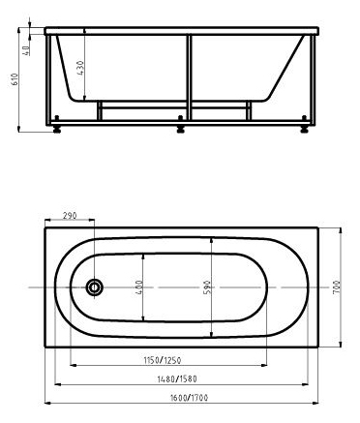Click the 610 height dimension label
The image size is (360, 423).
15,79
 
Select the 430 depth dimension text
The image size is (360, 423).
80,68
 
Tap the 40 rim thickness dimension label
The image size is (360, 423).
26,50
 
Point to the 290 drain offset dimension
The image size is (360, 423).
70,215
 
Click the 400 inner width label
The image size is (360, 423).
139,287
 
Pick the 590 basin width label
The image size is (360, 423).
207,287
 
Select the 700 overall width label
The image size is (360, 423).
336,287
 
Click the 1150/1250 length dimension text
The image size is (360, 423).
163,360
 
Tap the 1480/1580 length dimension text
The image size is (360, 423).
177,378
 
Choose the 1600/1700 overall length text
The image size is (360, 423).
189,398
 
